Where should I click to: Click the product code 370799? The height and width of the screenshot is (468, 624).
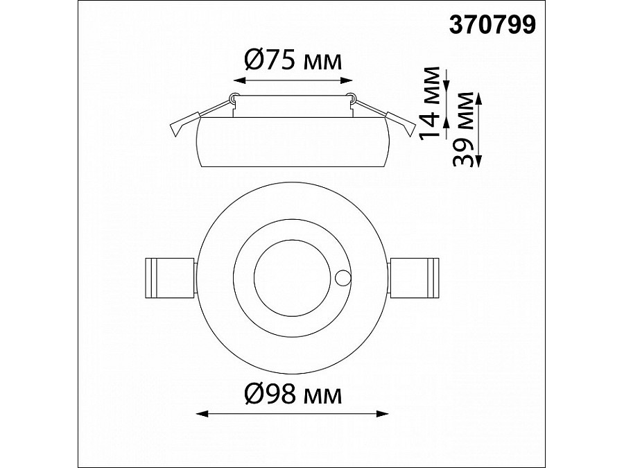tap(493, 25)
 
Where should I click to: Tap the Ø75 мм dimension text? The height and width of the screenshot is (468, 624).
tap(293, 61)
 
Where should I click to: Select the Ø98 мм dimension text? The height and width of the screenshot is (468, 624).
tap(293, 395)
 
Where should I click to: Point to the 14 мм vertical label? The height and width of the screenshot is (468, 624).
tap(431, 103)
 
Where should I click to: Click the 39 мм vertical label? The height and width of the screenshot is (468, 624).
tap(464, 130)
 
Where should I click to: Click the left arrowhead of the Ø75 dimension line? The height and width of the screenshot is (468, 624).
tap(239, 80)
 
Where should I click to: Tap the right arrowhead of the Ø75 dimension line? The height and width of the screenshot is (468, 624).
tap(347, 80)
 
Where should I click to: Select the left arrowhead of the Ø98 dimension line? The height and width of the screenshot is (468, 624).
tap(202, 414)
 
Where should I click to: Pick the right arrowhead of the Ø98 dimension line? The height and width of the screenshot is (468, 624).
tap(383, 414)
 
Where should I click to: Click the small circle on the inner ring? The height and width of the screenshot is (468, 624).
tap(343, 278)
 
